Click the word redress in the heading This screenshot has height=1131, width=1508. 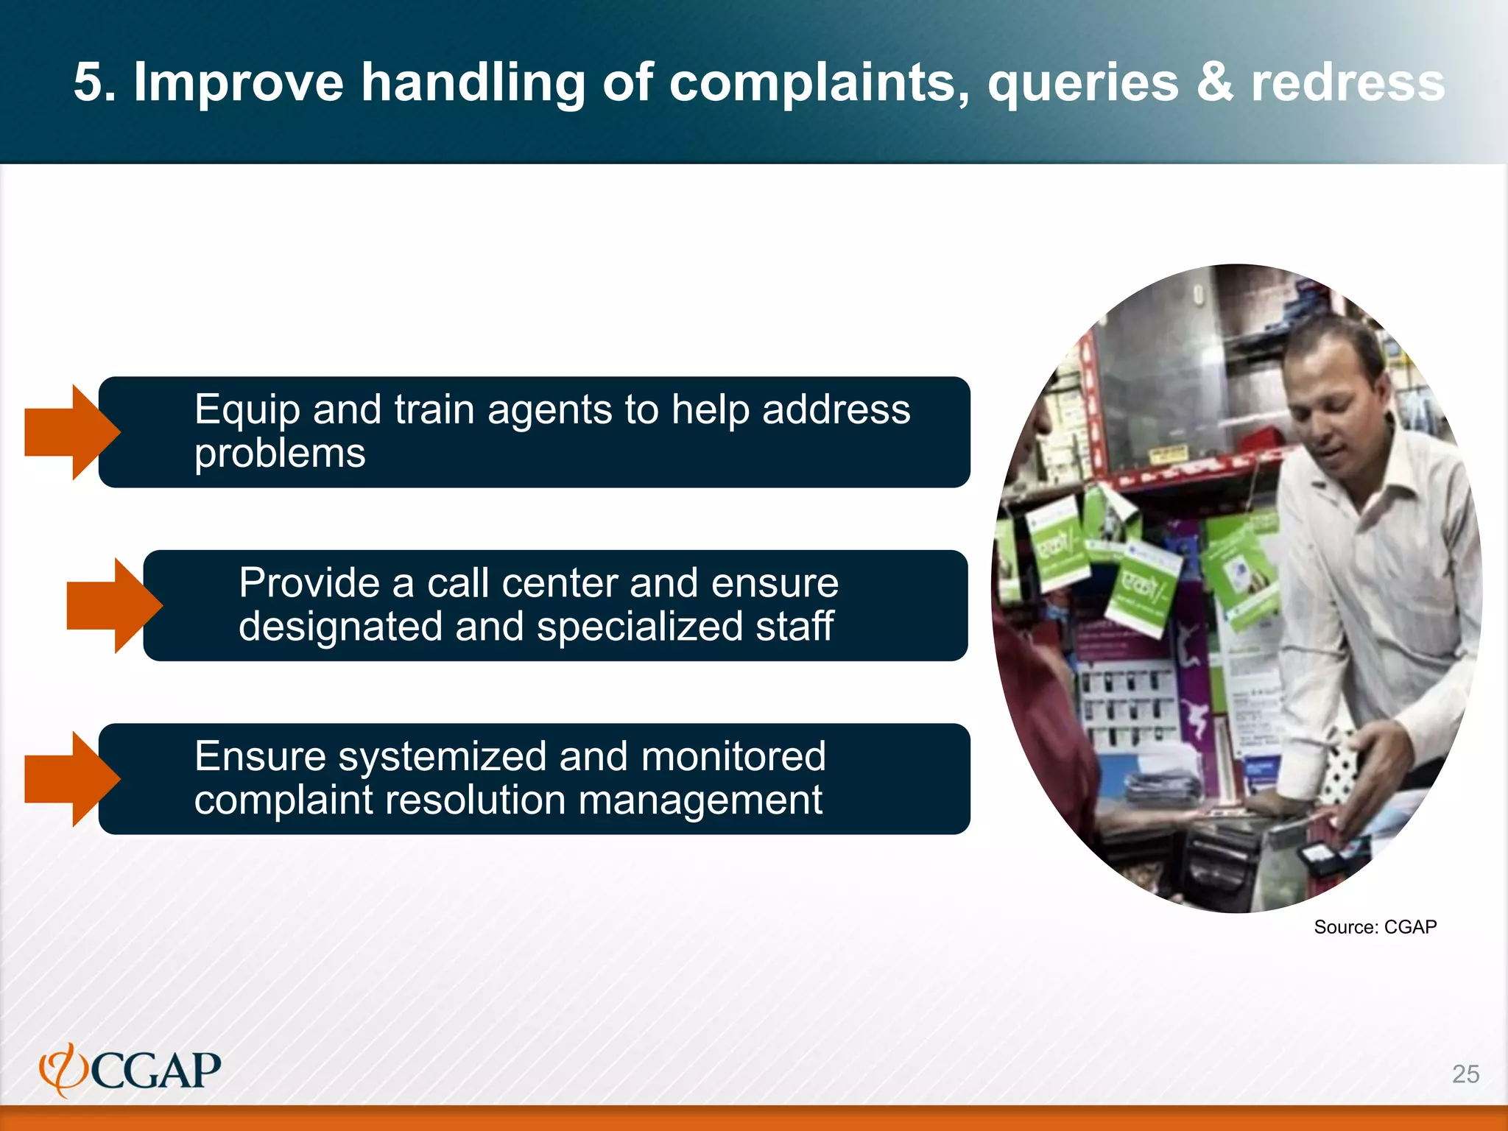point(1348,82)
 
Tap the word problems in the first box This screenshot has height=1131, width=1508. point(280,454)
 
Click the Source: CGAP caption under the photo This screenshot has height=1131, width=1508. point(1375,927)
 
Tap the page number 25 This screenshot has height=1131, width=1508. point(1465,1074)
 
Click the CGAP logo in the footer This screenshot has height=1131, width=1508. point(131,1070)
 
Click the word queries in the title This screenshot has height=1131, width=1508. point(1083,82)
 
